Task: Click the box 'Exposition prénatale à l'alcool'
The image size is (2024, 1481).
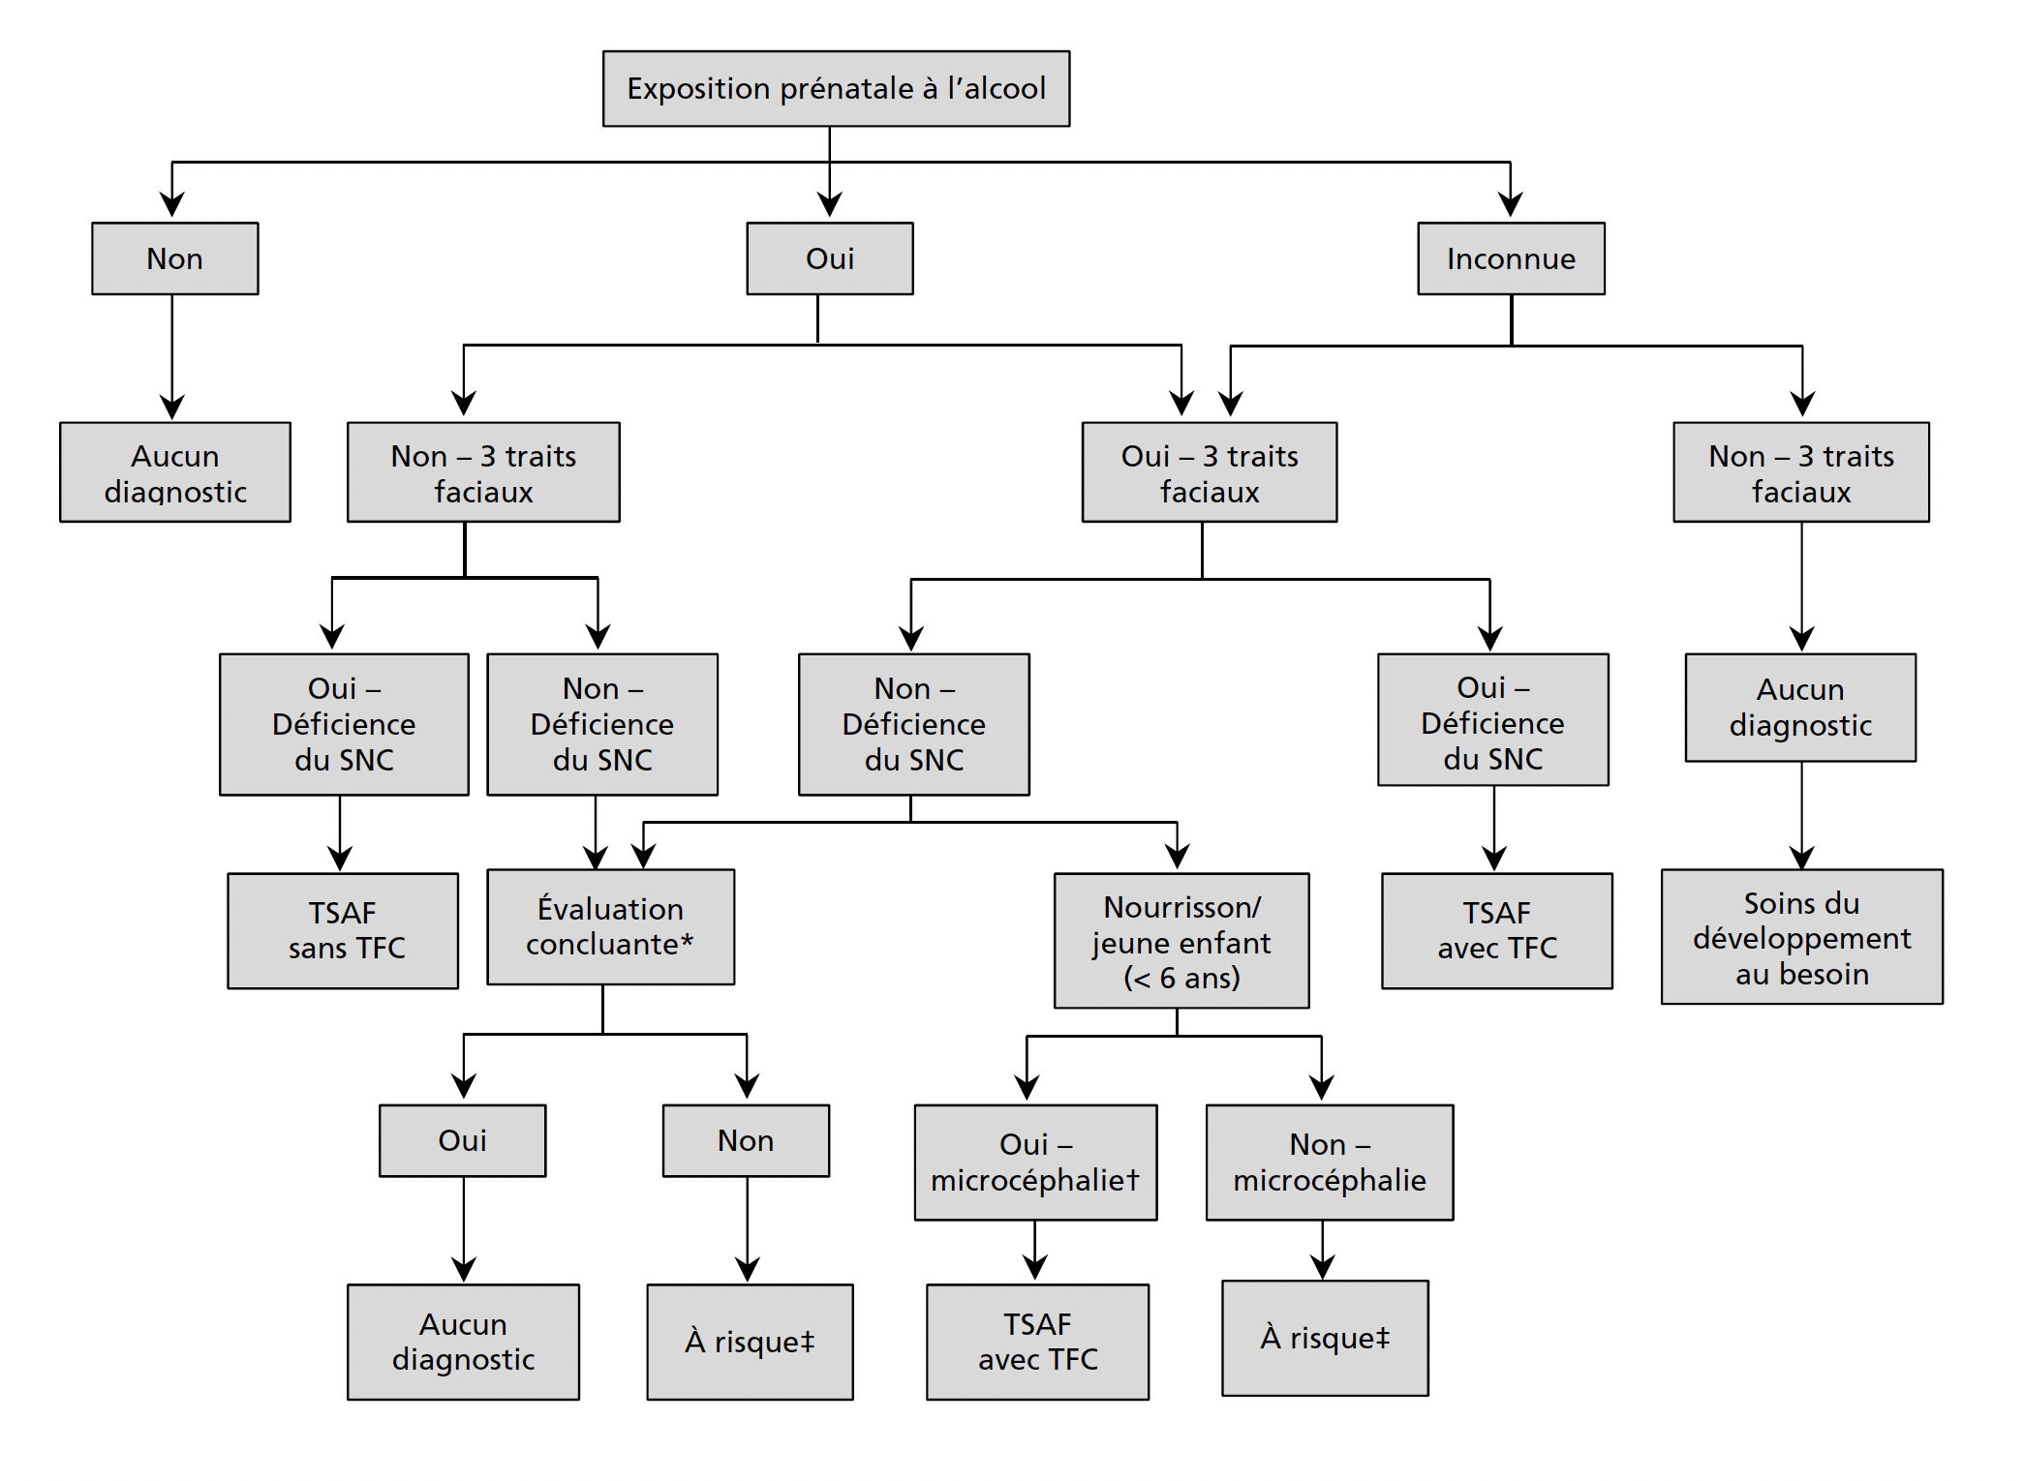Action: point(836,89)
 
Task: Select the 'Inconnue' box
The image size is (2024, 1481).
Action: point(1511,258)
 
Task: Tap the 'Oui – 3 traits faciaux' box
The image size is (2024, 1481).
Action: point(1209,472)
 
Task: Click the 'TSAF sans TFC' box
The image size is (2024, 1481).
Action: point(343,930)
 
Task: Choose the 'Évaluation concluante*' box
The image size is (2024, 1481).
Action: point(610,926)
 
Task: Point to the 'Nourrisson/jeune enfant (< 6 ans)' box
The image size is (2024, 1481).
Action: point(1181,941)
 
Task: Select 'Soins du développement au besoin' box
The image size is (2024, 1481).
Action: point(1801,936)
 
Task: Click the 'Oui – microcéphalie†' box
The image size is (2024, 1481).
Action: point(1035,1162)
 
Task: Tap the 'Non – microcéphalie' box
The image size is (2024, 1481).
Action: point(1329,1162)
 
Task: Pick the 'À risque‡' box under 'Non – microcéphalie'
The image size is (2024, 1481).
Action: point(1324,1338)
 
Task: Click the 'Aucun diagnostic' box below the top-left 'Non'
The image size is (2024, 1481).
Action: point(175,472)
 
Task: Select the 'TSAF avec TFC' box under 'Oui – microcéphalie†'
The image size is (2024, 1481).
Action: point(1037,1342)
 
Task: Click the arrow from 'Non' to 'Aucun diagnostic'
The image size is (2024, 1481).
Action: point(172,358)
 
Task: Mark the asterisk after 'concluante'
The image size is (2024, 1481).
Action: point(687,942)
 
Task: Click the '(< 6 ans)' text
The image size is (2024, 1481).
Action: point(1181,978)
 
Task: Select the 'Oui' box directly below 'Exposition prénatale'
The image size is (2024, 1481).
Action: point(830,258)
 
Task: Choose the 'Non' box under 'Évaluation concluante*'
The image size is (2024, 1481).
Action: point(746,1140)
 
